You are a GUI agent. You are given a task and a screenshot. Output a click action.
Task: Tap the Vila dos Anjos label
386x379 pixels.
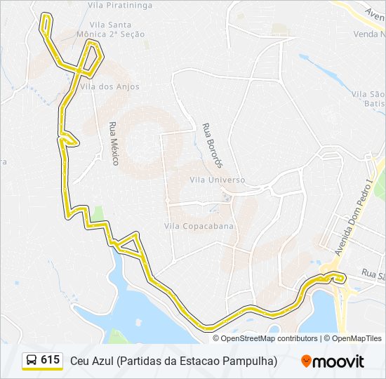coord(110,87)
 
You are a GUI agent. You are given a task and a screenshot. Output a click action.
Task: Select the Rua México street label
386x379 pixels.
coord(114,143)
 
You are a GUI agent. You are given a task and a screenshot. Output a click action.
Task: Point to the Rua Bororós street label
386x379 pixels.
coord(212,145)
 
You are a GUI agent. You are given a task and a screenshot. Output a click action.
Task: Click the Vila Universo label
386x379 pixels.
coord(218,180)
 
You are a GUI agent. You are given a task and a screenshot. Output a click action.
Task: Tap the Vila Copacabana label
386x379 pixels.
coord(199,227)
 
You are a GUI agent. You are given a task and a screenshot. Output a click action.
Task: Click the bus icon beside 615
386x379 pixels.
coord(32,361)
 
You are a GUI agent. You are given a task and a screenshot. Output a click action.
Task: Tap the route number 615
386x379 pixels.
coord(51,360)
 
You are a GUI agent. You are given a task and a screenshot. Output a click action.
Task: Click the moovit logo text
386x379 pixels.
coord(338,361)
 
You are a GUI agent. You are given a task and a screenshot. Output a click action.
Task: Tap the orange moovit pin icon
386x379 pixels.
coord(306,361)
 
